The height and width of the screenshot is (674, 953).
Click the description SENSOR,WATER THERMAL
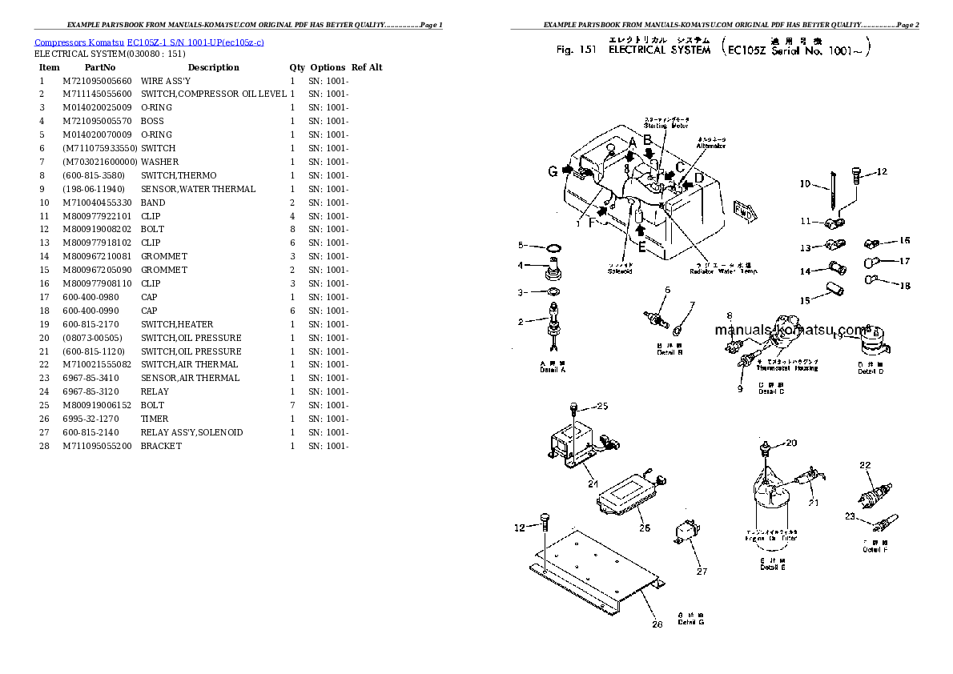(x=198, y=189)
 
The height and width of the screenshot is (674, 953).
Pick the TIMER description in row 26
(x=155, y=419)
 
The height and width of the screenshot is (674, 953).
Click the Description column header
(x=213, y=67)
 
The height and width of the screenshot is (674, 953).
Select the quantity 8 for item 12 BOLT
(x=292, y=230)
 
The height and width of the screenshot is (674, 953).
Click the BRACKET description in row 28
(x=161, y=446)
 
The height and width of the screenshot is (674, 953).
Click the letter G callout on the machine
(x=553, y=171)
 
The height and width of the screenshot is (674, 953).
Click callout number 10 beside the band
(x=805, y=184)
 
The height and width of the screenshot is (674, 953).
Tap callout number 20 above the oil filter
(x=790, y=443)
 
